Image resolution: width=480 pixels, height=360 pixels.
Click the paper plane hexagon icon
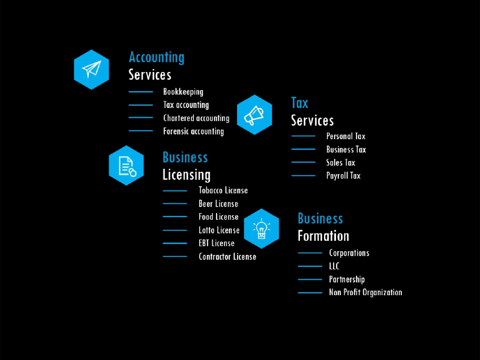pos(92,70)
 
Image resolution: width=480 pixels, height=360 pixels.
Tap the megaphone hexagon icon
pos(254,115)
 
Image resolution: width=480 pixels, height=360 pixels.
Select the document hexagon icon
pos(126,165)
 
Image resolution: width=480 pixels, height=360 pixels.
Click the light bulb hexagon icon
pos(262,228)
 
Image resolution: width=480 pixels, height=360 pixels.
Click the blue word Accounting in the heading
pos(156,58)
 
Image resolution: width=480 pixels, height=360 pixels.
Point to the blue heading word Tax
pos(300,103)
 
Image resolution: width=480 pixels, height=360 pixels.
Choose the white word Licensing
pos(186,175)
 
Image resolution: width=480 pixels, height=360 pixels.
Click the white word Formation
pos(323,236)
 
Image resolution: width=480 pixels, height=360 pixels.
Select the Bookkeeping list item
pos(183,92)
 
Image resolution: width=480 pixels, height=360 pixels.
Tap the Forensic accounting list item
pos(193,132)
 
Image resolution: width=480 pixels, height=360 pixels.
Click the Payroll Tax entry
pos(343,176)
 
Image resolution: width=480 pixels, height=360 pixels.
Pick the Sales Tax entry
pos(341,163)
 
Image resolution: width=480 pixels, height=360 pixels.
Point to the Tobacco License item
pos(223,191)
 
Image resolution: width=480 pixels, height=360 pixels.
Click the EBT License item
pos(216,243)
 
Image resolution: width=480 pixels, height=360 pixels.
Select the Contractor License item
pos(228,256)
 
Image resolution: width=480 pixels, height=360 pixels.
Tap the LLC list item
pos(334,266)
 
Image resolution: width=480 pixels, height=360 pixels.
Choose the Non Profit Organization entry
pos(365,292)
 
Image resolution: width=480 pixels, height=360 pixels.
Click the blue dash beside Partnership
pos(310,279)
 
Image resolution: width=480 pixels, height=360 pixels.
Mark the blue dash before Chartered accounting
pos(141,118)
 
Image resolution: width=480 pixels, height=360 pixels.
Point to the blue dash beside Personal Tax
pos(303,136)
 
